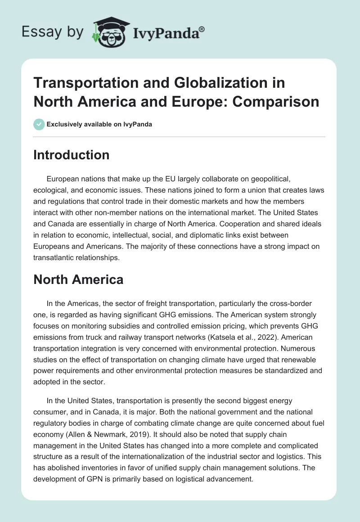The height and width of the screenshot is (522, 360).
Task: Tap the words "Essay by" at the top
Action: click(x=52, y=32)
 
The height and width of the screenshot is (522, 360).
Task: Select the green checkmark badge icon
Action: click(x=39, y=125)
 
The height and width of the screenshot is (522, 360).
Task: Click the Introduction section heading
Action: click(x=72, y=155)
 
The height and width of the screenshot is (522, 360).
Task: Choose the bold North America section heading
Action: click(x=78, y=279)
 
